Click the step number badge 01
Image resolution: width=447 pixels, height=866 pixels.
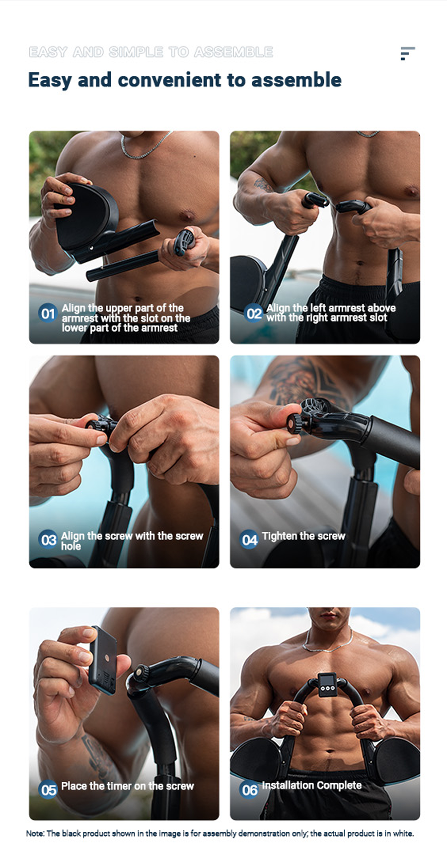coord(48,313)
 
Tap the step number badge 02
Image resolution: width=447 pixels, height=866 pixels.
coord(254,313)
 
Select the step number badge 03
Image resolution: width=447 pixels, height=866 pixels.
coord(48,539)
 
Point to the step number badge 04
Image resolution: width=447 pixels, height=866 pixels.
coord(249,539)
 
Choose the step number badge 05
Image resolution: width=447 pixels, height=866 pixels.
coord(48,789)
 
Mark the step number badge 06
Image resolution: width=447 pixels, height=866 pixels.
coord(249,789)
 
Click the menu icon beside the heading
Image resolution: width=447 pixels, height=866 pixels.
coord(407,53)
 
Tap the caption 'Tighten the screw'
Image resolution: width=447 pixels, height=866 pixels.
coord(303,536)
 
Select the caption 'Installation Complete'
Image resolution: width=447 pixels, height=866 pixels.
coord(312,785)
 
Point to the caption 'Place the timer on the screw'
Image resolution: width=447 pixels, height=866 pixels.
coord(128,786)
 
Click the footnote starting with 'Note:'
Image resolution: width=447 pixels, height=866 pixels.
coord(220,833)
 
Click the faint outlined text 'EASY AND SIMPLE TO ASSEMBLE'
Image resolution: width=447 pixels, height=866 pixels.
coord(151,52)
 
